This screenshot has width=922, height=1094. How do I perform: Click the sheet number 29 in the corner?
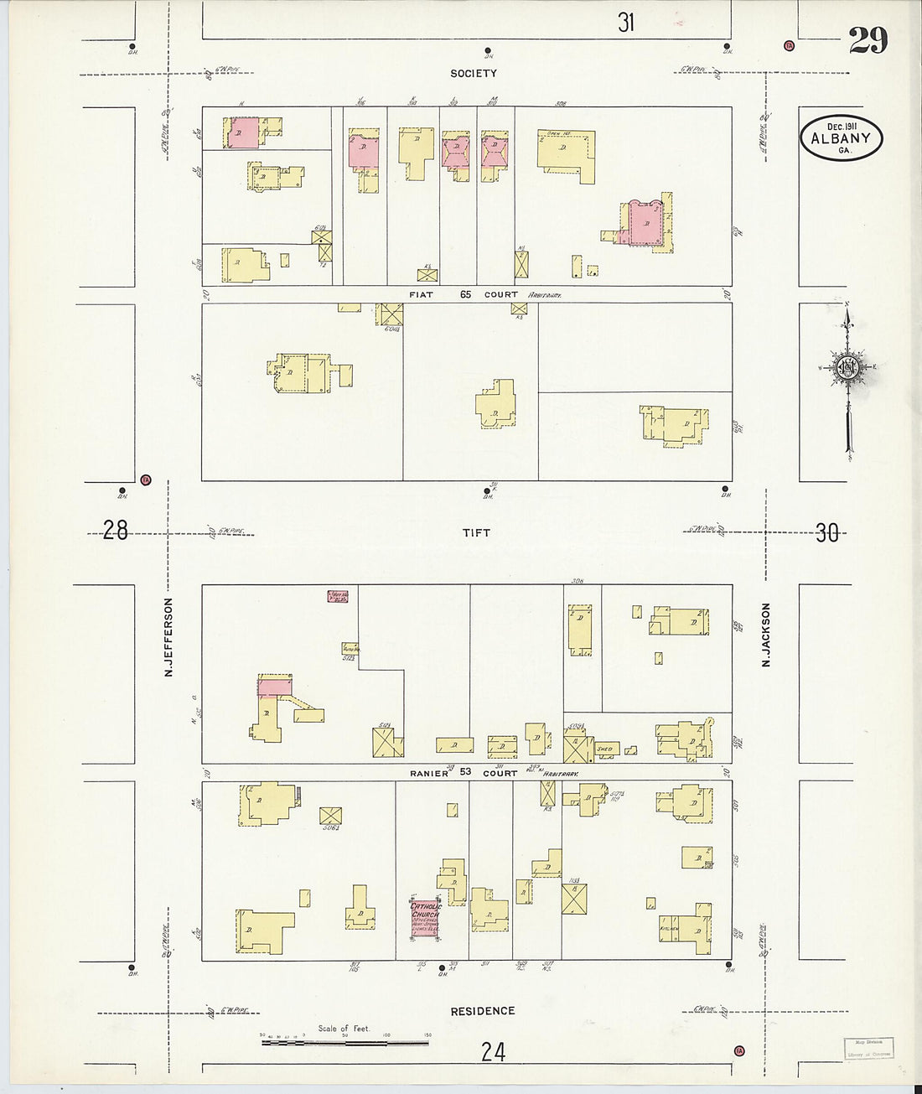(868, 39)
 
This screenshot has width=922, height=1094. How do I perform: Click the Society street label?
(474, 74)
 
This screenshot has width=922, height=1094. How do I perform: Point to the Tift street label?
(475, 532)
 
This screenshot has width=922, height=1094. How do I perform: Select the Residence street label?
(482, 1011)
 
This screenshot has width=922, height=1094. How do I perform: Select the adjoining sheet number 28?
(115, 531)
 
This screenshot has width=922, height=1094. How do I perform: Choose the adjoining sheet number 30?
(826, 533)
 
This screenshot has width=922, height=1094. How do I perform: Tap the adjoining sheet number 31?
(626, 23)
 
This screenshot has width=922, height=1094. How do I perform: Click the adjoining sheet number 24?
(493, 1051)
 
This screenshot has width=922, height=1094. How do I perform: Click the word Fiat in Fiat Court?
(419, 295)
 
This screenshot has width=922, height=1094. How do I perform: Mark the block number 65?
(465, 295)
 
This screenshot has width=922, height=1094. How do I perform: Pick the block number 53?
(465, 773)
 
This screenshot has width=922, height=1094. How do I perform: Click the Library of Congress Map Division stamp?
(868, 1047)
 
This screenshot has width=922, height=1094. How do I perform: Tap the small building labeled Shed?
(604, 749)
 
